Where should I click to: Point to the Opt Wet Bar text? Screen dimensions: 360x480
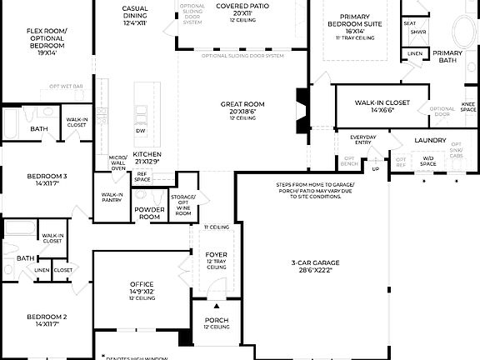(66, 86)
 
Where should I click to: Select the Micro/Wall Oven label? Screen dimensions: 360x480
(117, 162)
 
